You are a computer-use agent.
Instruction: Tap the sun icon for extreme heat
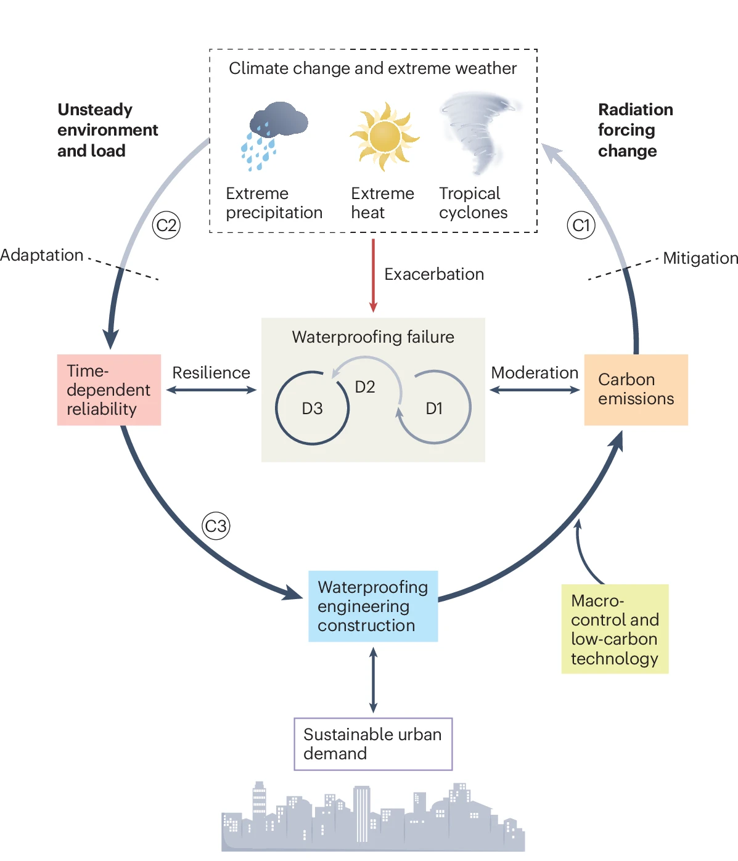[385, 136]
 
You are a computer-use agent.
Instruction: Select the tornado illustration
[480, 132]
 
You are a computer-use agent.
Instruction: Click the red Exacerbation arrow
[373, 275]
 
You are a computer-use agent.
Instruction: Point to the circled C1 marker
[581, 226]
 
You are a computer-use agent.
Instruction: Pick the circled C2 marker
[166, 226]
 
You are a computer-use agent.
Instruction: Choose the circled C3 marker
[216, 526]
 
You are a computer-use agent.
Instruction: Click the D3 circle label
[312, 409]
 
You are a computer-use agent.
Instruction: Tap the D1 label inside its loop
[434, 409]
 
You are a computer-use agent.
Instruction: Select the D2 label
[365, 387]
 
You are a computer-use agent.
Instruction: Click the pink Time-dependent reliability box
[109, 390]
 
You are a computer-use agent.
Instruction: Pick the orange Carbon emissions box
[636, 390]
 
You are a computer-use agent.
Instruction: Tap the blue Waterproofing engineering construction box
[373, 606]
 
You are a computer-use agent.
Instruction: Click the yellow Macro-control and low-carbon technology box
[615, 629]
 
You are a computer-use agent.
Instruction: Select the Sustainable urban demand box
[373, 744]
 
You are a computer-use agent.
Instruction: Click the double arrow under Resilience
[211, 390]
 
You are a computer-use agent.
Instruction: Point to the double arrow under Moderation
[535, 390]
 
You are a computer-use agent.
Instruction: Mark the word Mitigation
[700, 258]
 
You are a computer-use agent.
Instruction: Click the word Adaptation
[42, 255]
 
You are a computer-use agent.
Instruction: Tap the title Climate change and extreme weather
[373, 68]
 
